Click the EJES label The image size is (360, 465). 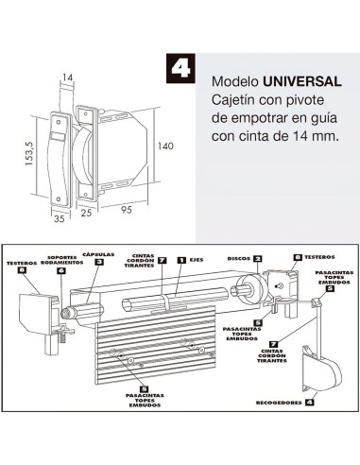[x=196, y=259]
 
